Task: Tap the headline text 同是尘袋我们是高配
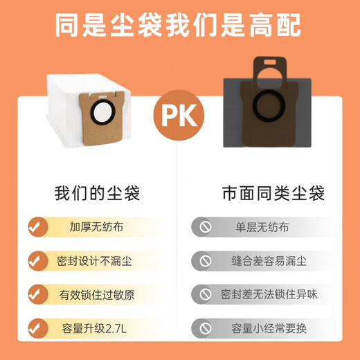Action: (179, 27)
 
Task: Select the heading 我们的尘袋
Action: (97, 192)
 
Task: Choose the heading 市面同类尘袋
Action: (264, 192)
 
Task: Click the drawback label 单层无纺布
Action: (262, 226)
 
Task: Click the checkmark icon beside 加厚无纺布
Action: (37, 226)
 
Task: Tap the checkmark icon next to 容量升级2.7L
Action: (37, 327)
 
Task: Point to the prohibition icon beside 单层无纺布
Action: (204, 226)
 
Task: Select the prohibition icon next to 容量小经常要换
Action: (204, 327)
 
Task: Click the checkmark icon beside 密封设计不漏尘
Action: (37, 260)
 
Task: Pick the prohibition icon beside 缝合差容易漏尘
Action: (204, 260)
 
